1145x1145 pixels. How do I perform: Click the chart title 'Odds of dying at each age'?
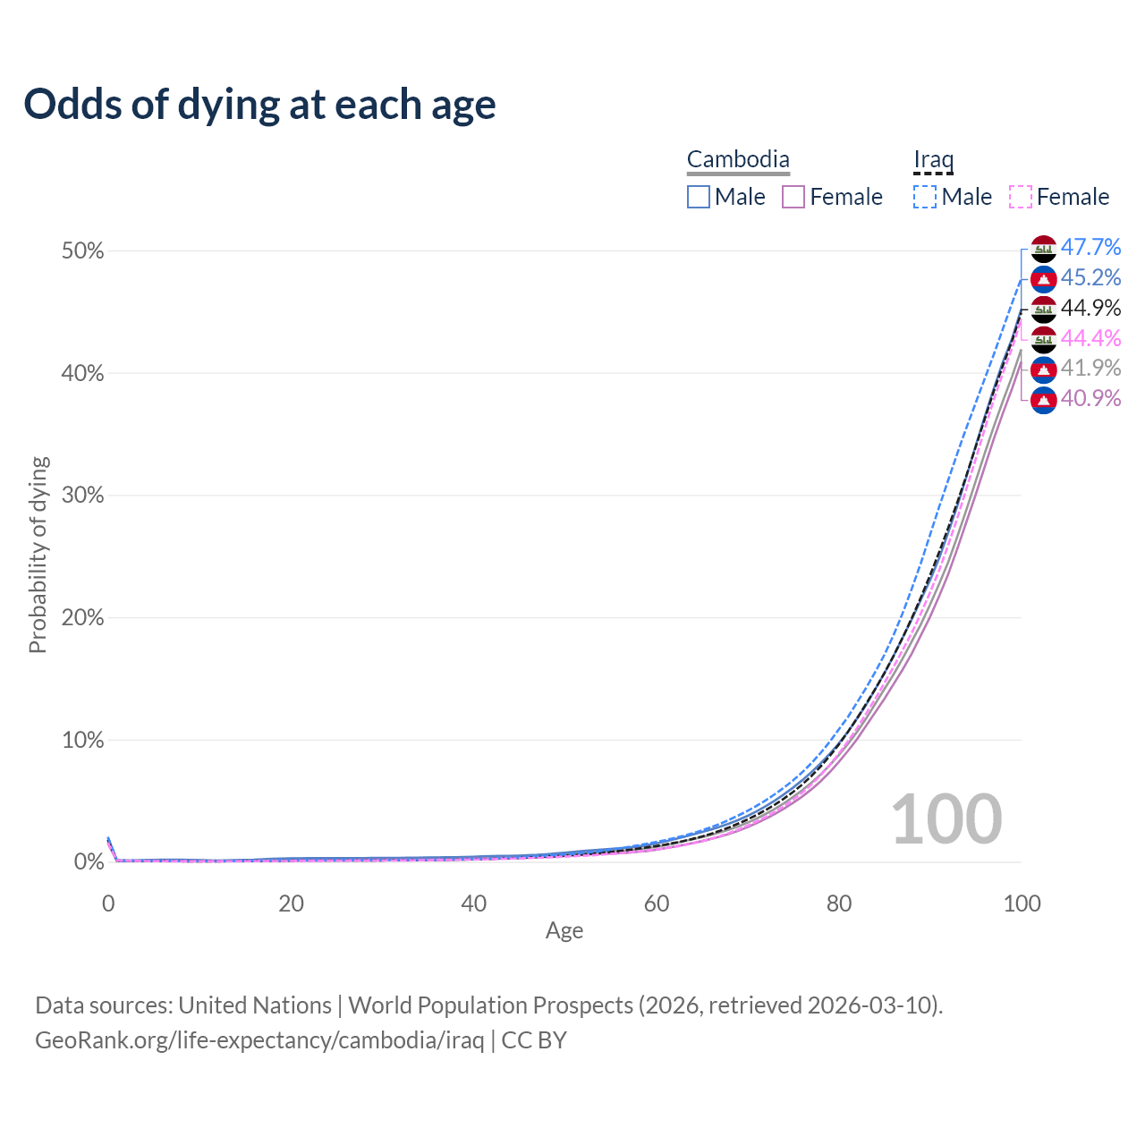[x=259, y=105]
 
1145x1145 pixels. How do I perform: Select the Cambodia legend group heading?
[x=738, y=160]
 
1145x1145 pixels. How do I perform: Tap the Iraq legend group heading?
[x=933, y=160]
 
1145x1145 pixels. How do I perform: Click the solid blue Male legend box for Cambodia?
[x=699, y=197]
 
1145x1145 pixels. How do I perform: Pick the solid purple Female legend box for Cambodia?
[x=793, y=197]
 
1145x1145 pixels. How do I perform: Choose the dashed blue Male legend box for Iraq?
[x=925, y=197]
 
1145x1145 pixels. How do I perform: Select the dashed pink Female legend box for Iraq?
[x=1020, y=197]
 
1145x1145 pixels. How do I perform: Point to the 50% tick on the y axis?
[x=83, y=251]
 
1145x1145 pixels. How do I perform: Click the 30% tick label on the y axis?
[x=83, y=496]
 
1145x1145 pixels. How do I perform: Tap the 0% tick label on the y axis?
[x=89, y=862]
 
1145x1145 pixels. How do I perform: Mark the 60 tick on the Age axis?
[x=657, y=903]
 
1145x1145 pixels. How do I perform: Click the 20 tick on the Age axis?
[x=291, y=903]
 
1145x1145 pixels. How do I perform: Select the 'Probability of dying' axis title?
[x=38, y=555]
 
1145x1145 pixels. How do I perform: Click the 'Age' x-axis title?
[x=564, y=930]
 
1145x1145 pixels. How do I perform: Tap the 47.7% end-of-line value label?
[x=1090, y=247]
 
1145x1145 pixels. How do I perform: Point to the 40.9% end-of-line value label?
[x=1090, y=398]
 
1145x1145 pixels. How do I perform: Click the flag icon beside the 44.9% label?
[x=1044, y=309]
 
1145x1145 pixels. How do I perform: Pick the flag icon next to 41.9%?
[x=1044, y=369]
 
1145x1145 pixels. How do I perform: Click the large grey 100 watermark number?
[x=946, y=818]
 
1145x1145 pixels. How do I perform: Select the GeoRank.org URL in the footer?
[x=259, y=1040]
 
